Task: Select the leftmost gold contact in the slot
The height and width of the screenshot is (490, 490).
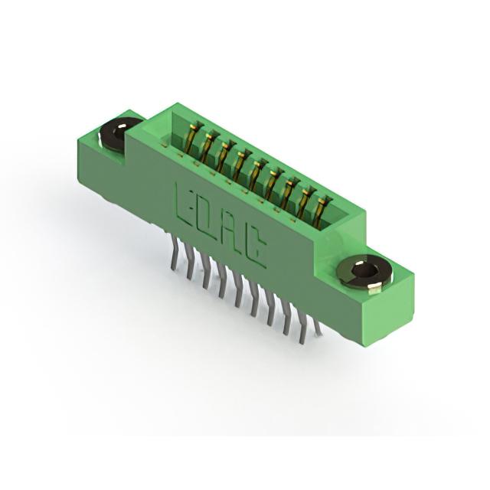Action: coord(193,137)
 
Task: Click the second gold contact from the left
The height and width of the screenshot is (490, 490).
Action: coord(208,145)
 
